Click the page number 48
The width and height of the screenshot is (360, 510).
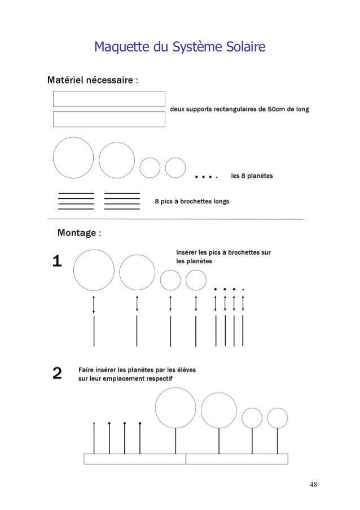(314, 484)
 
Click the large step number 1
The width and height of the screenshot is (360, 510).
(57, 261)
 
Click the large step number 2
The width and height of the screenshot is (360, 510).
(57, 373)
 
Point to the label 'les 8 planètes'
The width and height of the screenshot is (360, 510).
(252, 176)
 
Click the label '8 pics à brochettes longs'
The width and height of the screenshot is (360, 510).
(192, 200)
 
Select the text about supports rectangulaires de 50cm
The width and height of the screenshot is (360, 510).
(239, 109)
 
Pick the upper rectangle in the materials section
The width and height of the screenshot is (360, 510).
(109, 99)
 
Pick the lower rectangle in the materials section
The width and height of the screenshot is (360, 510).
(109, 119)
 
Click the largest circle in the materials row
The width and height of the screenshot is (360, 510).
(73, 158)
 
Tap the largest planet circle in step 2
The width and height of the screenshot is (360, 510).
(175, 408)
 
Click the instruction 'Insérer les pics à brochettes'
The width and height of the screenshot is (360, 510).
(223, 256)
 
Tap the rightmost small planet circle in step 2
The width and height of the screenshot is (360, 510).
(278, 418)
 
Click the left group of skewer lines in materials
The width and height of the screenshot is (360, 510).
(76, 201)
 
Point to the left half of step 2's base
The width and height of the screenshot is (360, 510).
(135, 459)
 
